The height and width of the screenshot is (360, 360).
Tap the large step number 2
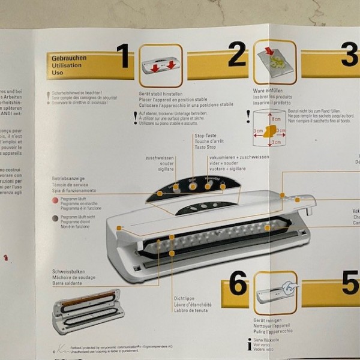click(x=236, y=55)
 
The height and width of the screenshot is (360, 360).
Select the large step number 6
click(x=238, y=284)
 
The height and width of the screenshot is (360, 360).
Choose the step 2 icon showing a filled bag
click(x=274, y=62)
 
